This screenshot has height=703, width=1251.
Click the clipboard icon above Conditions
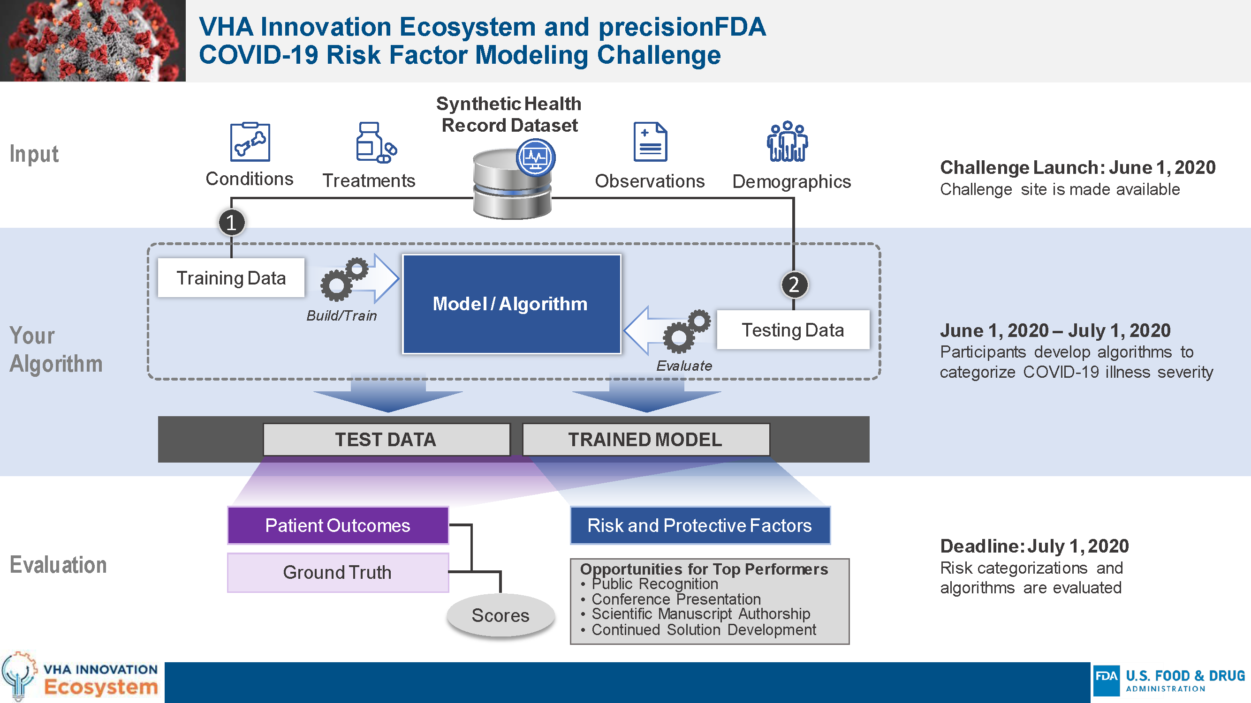pyautogui.click(x=250, y=142)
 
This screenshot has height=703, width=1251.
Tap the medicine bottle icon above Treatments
pyautogui.click(x=375, y=142)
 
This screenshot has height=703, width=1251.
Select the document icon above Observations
pyautogui.click(x=650, y=142)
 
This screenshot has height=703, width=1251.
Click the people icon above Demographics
pyautogui.click(x=787, y=141)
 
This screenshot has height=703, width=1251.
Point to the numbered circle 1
pyautogui.click(x=232, y=223)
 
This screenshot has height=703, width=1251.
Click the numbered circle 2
pyautogui.click(x=794, y=284)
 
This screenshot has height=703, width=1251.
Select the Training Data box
pyautogui.click(x=231, y=277)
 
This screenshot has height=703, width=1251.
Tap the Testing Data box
pyautogui.click(x=793, y=330)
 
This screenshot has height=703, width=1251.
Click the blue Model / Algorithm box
pyautogui.click(x=511, y=304)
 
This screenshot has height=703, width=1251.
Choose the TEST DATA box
pyautogui.click(x=386, y=440)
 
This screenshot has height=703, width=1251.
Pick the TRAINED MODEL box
pyautogui.click(x=645, y=440)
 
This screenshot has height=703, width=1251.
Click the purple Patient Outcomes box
pyautogui.click(x=338, y=525)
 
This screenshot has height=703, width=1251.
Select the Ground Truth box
pyautogui.click(x=338, y=573)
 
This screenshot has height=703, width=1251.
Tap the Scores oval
pyautogui.click(x=500, y=615)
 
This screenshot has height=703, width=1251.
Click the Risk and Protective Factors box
pyautogui.click(x=700, y=525)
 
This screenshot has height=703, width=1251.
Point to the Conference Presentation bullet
pyautogui.click(x=675, y=599)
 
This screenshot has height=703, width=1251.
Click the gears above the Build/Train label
pyautogui.click(x=343, y=279)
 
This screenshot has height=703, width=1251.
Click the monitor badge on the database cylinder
pyautogui.click(x=535, y=157)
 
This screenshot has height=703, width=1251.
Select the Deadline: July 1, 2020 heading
pyautogui.click(x=1034, y=546)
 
